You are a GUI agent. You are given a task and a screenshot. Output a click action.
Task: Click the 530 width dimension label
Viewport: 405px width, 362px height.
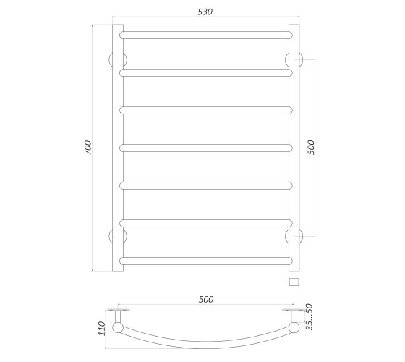[205, 12]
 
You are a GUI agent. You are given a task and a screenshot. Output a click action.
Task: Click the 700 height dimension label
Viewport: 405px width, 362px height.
[88, 148]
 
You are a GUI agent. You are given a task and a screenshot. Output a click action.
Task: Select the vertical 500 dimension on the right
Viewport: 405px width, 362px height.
[311, 148]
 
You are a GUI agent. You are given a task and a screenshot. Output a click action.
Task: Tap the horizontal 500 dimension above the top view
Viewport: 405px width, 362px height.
[206, 300]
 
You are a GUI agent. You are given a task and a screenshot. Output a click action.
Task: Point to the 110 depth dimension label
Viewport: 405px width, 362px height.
[102, 329]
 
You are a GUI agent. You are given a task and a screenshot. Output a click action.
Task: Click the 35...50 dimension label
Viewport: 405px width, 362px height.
[310, 317]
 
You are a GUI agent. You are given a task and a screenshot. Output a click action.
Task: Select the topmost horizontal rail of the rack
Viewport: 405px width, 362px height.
[206, 35]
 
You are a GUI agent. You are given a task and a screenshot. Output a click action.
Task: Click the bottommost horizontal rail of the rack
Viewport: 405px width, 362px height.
[206, 261]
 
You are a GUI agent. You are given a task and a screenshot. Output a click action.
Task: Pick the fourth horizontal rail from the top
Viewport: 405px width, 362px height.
[206, 148]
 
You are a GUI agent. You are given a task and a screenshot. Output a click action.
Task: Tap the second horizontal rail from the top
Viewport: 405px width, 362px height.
[206, 72]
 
